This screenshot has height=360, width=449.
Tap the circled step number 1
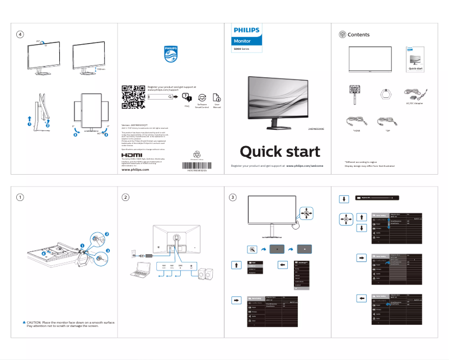point(20,197)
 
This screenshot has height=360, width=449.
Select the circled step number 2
point(126,197)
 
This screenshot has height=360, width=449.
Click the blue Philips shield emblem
point(170,54)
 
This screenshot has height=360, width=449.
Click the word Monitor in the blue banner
point(242,41)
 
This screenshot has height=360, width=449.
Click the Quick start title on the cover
point(280,151)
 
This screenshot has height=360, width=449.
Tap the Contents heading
point(358,35)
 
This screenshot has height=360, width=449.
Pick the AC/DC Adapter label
point(414,103)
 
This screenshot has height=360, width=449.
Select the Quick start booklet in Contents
point(415,59)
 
